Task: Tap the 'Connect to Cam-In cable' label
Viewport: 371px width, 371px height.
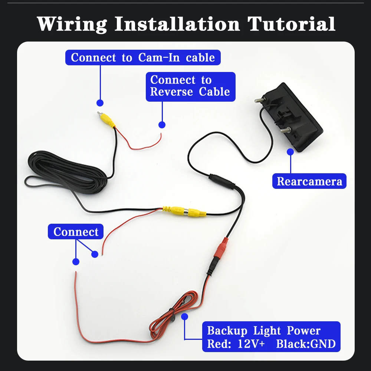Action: pos(143,58)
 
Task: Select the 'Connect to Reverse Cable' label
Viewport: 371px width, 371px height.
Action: pos(190,86)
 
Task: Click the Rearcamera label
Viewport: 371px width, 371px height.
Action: pos(309,181)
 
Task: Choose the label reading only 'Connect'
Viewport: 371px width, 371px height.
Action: pos(76,232)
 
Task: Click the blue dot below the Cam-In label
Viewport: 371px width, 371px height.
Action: pos(100,103)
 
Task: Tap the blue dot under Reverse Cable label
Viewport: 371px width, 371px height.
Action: pos(162,125)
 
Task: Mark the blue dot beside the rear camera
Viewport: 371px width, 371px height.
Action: pos(291,151)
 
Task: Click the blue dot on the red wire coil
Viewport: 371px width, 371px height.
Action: pos(185,316)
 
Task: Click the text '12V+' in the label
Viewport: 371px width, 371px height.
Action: pos(251,344)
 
